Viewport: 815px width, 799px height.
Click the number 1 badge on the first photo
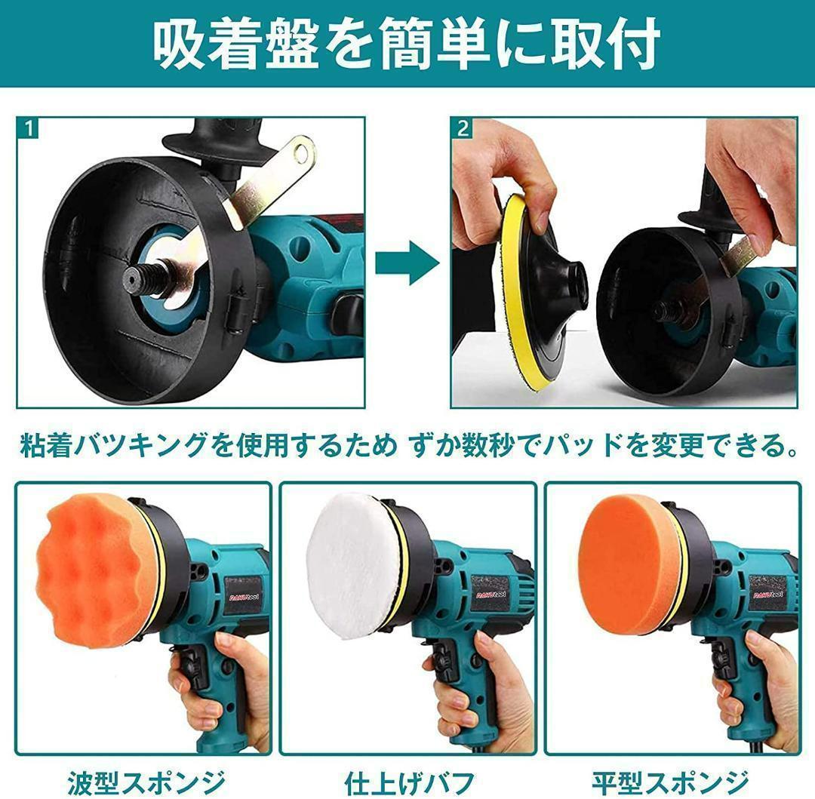(x=28, y=128)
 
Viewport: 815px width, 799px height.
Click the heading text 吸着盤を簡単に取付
(x=407, y=44)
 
